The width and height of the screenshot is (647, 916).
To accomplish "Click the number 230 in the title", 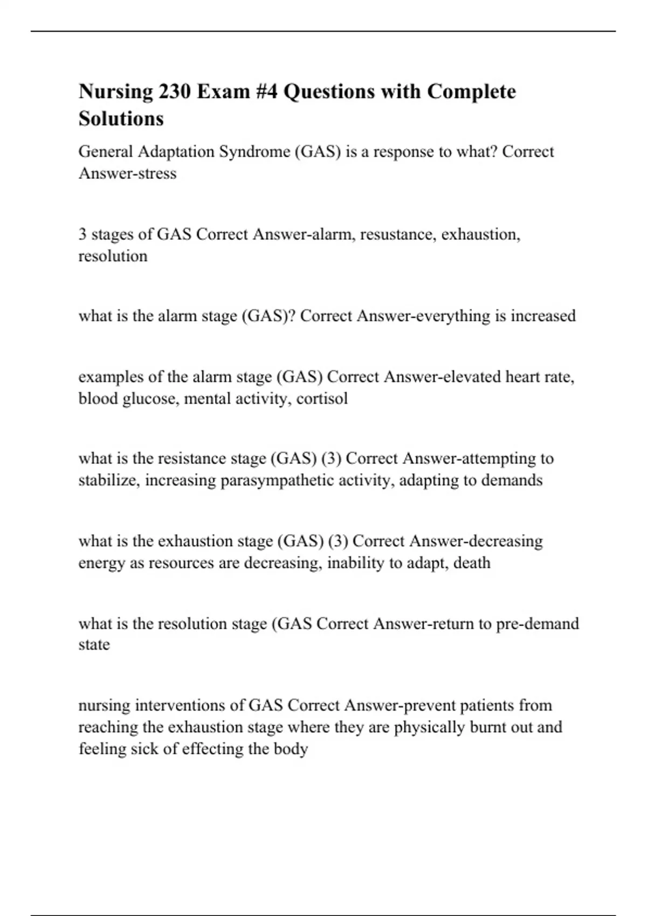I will pos(174,92).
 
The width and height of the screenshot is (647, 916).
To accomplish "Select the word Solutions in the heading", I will pos(121,119).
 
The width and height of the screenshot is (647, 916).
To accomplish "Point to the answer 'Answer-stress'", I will pos(128,174).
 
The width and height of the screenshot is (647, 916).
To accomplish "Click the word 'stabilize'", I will pos(109,480).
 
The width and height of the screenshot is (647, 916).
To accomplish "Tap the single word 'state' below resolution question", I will pos(94,645).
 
